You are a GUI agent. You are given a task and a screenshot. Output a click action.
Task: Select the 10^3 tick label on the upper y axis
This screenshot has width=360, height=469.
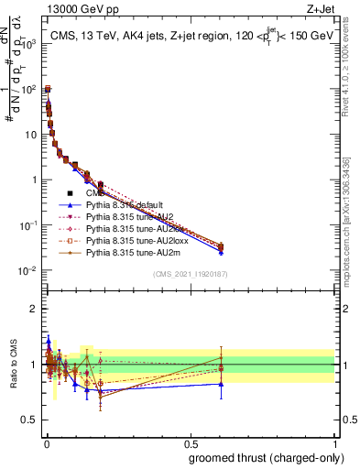pos(27,44)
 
